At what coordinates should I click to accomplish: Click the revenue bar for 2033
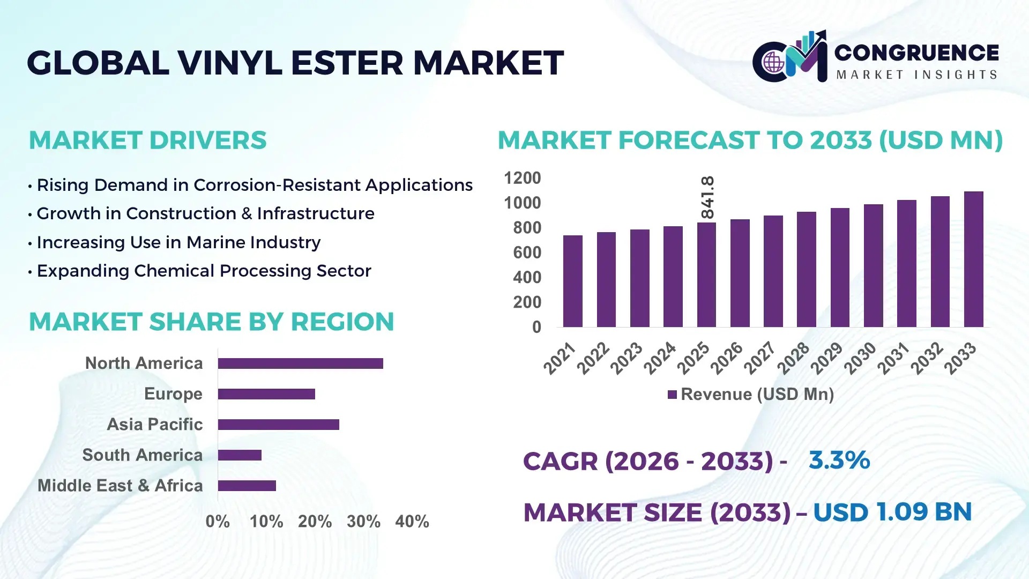(973, 259)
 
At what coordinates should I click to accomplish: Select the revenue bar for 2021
(572, 281)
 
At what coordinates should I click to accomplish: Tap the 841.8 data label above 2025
(707, 197)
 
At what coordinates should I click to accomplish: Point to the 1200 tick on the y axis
(522, 178)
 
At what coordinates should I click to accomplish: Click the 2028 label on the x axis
(793, 358)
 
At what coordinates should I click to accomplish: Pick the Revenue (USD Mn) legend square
(672, 395)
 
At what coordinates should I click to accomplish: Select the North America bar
(300, 363)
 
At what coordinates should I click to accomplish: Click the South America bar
(240, 455)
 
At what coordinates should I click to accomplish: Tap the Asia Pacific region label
(154, 425)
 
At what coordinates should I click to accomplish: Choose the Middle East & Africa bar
(247, 486)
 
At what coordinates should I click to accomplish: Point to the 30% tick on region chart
(363, 522)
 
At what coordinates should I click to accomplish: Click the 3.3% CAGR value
(839, 461)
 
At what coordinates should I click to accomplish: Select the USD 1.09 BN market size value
(892, 512)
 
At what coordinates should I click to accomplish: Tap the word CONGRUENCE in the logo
(916, 53)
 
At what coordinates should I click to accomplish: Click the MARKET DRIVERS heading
(147, 140)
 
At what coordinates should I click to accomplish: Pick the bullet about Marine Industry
(178, 242)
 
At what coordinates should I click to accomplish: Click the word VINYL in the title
(229, 63)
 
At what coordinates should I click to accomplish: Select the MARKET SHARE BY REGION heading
(211, 322)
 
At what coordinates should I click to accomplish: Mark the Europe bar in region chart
(266, 394)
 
